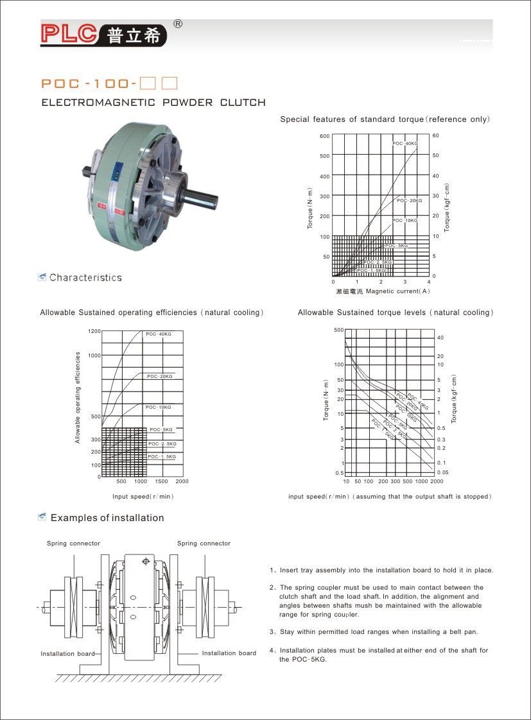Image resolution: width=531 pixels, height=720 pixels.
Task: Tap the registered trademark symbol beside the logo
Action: [x=178, y=24]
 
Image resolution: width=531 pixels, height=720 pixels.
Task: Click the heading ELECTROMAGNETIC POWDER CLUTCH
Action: [x=153, y=103]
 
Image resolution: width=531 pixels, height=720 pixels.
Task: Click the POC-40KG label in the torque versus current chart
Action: [x=405, y=143]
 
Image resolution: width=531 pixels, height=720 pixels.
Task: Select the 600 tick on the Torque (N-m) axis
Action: [x=324, y=136]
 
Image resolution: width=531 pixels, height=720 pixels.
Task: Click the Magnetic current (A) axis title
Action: [x=393, y=291]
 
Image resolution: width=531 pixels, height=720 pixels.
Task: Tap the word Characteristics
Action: [x=85, y=278]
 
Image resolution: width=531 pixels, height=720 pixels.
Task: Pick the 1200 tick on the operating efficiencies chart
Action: [x=94, y=331]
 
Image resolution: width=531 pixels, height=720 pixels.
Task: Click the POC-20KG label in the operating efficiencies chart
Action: [x=159, y=376]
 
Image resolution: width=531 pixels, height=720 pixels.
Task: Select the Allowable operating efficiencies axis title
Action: [x=78, y=397]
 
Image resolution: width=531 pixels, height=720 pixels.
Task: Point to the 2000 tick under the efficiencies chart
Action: [x=182, y=481]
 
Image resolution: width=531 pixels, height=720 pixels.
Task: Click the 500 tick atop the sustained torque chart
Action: [x=339, y=329]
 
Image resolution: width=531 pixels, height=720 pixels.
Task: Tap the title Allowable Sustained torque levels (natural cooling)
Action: [x=396, y=313]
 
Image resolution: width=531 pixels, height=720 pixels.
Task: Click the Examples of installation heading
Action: [x=107, y=518]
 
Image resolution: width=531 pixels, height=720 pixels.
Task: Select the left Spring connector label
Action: [x=73, y=544]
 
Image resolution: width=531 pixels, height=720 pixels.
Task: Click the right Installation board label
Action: [x=229, y=653]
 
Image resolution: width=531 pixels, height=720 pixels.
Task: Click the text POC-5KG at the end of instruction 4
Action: [x=310, y=660]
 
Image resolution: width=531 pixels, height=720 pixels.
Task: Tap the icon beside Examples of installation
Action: [x=42, y=517]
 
